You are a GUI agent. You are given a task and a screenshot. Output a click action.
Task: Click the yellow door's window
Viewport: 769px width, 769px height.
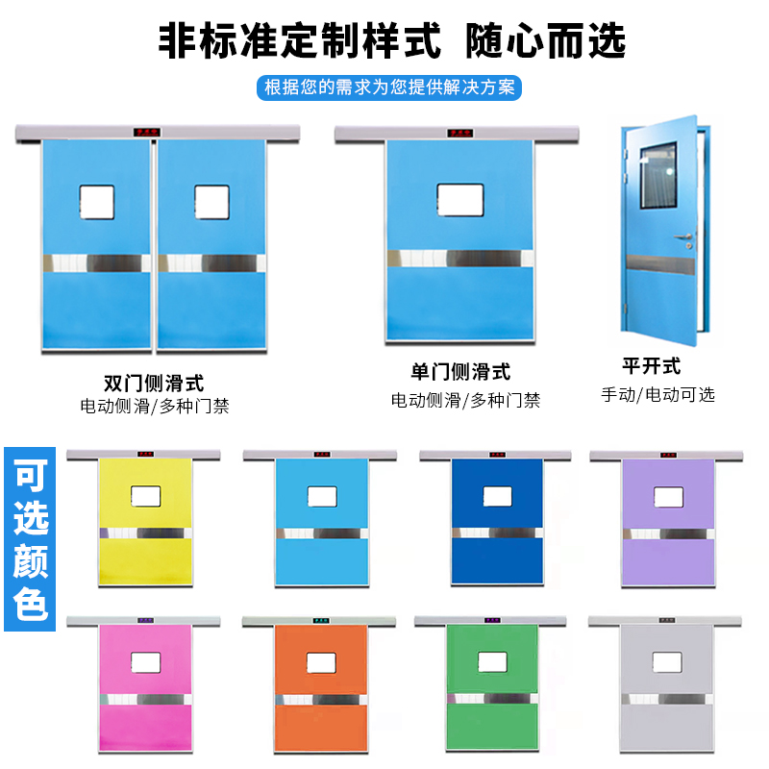[x=145, y=496]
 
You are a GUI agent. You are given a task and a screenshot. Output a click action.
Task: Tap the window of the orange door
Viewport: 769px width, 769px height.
[x=322, y=661]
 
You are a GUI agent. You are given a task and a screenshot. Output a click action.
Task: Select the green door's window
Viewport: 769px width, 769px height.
[x=492, y=661]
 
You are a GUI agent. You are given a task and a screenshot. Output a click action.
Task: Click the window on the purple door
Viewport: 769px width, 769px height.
[x=668, y=496]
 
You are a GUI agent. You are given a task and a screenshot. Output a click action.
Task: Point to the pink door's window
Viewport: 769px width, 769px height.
[x=145, y=661]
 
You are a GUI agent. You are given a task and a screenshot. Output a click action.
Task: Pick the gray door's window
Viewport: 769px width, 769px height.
[x=666, y=661]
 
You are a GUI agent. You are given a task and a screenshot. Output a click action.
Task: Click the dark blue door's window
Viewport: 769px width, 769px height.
[x=496, y=496]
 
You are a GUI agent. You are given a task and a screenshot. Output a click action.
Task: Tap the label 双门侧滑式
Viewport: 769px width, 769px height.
[x=154, y=382]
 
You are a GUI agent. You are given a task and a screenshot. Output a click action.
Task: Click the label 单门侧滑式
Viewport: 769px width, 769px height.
[x=460, y=372]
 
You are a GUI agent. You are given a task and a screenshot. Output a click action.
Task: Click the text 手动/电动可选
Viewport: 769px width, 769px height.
[x=657, y=394]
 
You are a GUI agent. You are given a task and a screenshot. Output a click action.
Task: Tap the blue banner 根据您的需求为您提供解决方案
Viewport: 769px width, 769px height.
[x=390, y=87]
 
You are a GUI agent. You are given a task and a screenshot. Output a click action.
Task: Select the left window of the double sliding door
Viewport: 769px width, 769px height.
[x=96, y=199]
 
